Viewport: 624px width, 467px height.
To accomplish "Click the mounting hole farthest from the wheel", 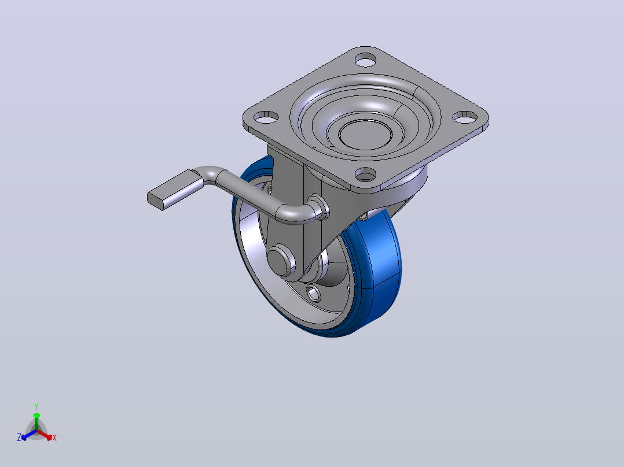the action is tap(365, 61).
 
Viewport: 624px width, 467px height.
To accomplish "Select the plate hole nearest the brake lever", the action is tap(266, 117).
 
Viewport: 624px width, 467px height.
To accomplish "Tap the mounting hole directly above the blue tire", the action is tap(365, 174).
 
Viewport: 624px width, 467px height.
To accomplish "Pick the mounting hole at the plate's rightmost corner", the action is tap(465, 117).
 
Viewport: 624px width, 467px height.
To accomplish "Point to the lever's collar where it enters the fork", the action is tap(319, 207).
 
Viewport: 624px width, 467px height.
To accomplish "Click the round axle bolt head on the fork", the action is tap(281, 260).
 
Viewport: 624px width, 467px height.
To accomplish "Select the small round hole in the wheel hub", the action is tap(314, 293).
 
